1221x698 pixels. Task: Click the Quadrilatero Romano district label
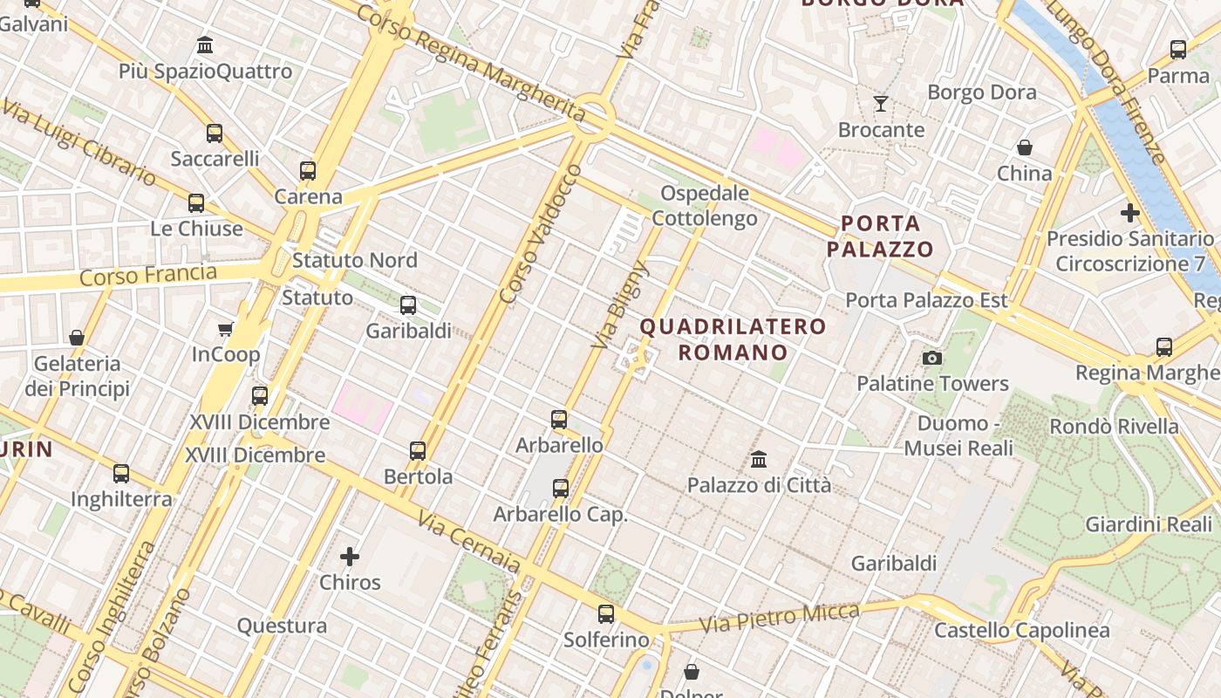coord(733,339)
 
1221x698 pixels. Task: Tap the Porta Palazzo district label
coord(880,236)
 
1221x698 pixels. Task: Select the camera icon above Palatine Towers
coord(932,358)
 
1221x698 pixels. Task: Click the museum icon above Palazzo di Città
coord(759,459)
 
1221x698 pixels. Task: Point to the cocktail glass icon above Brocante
coord(881,104)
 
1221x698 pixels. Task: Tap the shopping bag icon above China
coord(1025,147)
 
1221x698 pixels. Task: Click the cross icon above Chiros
coord(350,556)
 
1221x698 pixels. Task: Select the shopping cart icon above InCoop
coord(226,329)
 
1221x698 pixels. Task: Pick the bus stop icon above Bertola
coord(418,450)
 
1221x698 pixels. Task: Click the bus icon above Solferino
coord(606,613)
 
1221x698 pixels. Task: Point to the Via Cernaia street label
coord(469,542)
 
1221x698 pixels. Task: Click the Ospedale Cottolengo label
coord(705,205)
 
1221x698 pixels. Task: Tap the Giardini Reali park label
coord(1149,524)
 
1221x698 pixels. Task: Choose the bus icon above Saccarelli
coord(215,133)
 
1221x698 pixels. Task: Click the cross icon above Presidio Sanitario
coord(1130,212)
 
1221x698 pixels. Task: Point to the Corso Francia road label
coord(147,276)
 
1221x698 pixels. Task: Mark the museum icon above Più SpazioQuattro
coord(205,44)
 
